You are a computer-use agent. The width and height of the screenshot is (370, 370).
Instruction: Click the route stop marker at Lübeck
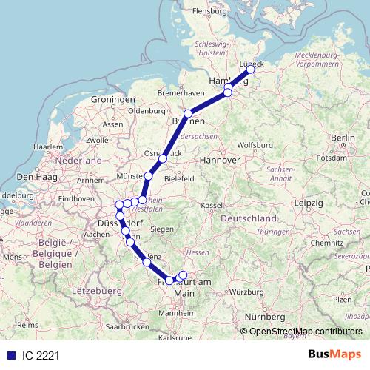point(250,69)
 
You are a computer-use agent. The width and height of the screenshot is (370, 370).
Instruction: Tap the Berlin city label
point(343,138)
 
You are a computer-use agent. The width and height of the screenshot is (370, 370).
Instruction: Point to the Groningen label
point(111,99)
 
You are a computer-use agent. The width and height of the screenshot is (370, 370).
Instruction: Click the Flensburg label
point(208,12)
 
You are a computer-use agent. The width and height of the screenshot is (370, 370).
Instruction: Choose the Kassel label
point(212,204)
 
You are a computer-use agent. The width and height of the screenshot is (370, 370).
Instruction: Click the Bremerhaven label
point(181,93)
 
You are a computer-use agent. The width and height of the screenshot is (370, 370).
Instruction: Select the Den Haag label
point(33,177)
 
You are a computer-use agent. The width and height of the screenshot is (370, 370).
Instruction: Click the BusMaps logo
point(333,355)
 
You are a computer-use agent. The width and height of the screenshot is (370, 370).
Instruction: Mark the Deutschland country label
point(249,219)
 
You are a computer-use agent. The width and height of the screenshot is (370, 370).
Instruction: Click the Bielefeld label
point(179,178)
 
